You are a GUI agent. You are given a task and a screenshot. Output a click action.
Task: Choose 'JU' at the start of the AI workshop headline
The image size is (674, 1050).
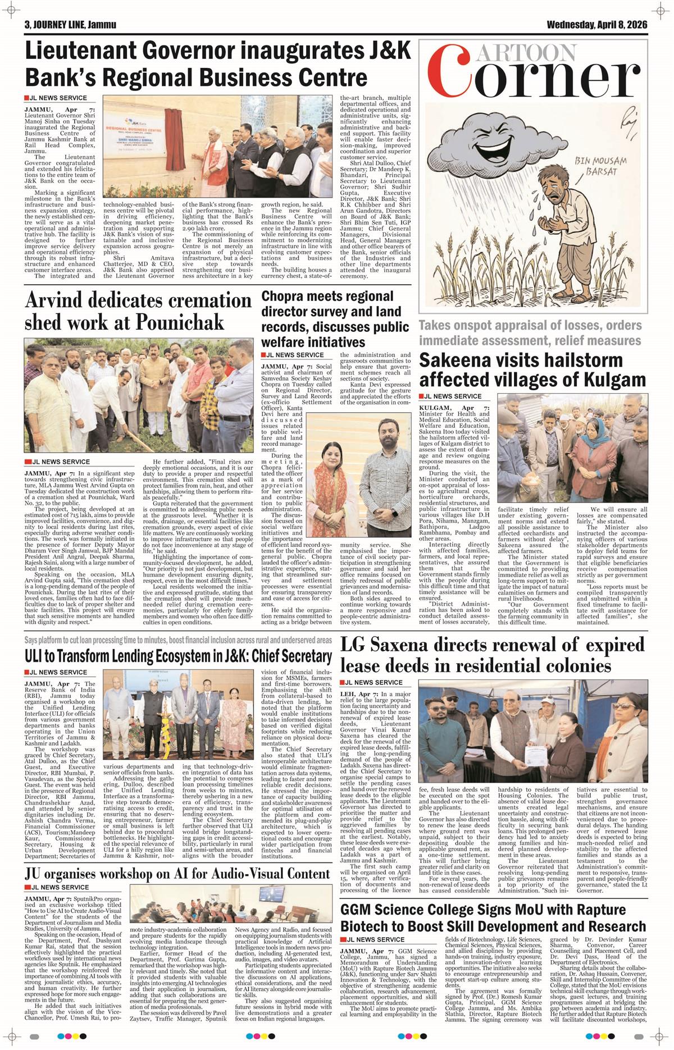35,874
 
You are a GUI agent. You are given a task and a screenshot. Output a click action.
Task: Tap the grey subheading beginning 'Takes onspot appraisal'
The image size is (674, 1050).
530,333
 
